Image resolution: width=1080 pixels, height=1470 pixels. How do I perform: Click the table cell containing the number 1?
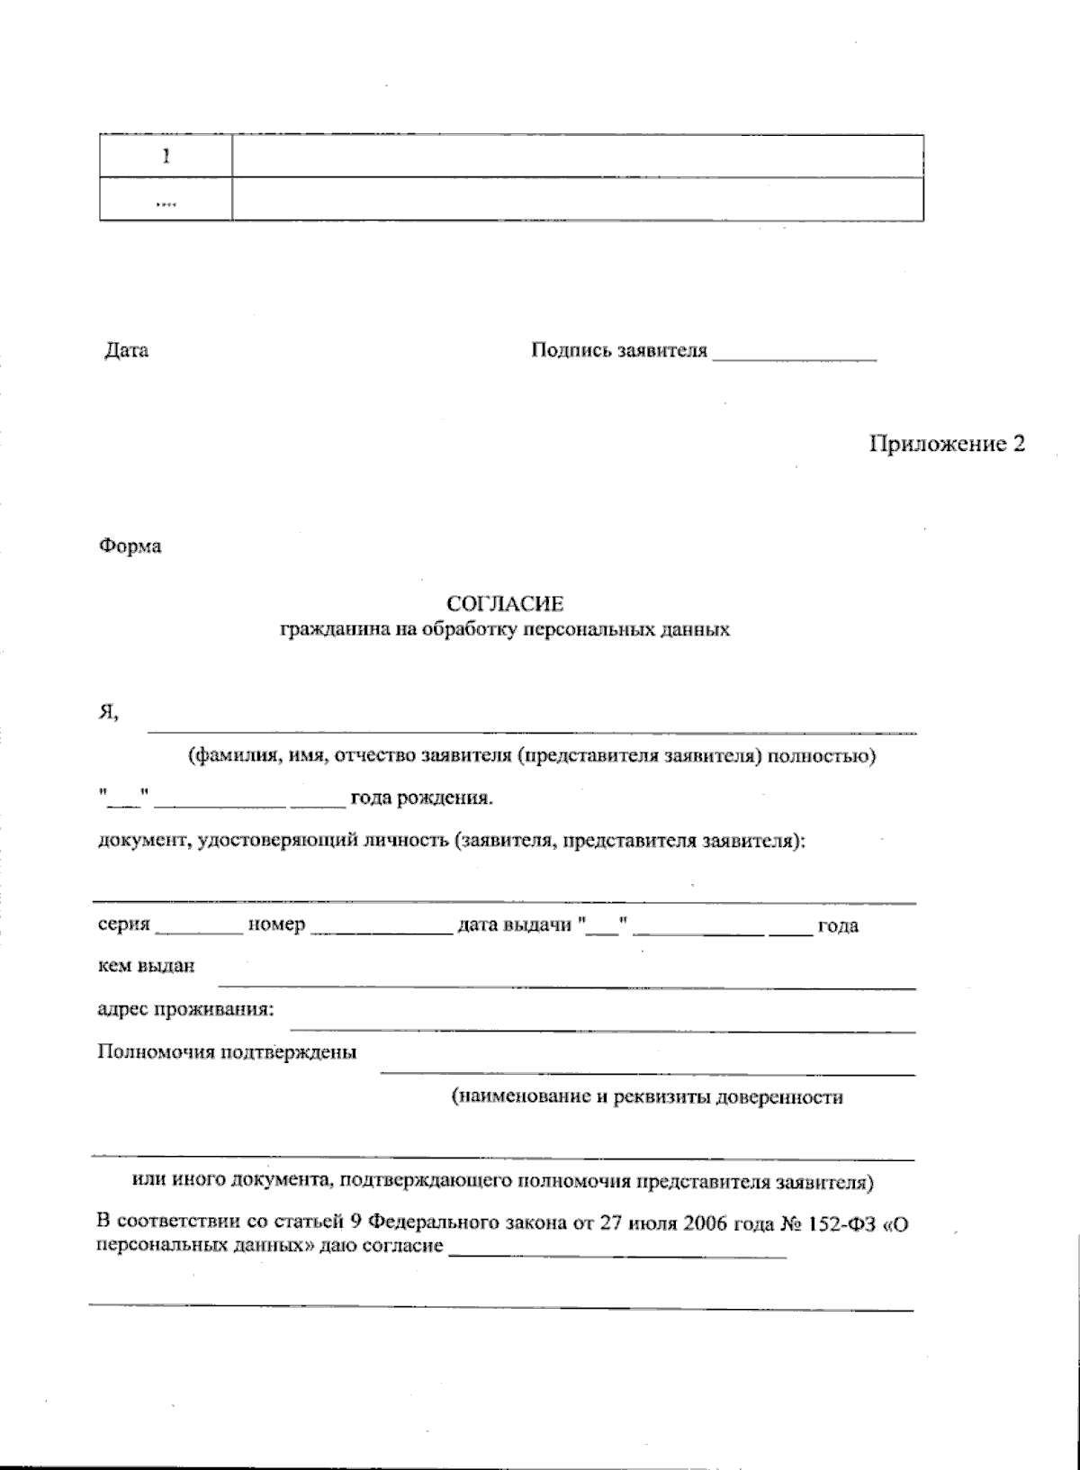166,156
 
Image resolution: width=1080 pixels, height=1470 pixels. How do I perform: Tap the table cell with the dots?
166,200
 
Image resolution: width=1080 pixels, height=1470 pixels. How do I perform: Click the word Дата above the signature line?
127,350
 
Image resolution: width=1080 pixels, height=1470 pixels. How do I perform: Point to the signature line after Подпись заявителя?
794,358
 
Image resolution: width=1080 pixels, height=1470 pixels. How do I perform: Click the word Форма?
130,546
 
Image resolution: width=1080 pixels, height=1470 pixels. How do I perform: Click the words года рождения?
421,798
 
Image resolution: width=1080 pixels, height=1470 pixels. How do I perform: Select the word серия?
123,925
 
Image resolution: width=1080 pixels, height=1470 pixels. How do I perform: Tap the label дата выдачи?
514,925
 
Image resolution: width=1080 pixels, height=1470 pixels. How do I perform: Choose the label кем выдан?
145,966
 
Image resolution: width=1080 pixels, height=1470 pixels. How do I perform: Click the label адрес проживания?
185,1009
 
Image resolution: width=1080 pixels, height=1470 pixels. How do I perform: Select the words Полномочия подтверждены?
227,1051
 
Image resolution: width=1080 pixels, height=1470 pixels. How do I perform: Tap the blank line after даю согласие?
617,1254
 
